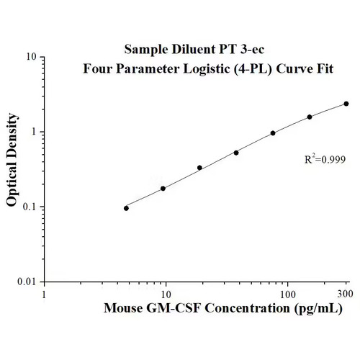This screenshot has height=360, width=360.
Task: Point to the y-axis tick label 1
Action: pos(35,132)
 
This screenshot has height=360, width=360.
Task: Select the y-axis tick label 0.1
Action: pos(30,207)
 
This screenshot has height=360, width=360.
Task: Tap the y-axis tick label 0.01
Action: pos(27,282)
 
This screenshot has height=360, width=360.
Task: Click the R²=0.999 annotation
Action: pos(325,159)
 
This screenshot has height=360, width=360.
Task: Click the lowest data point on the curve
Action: pos(126,208)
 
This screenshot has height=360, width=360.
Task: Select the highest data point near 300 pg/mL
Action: pos(346,104)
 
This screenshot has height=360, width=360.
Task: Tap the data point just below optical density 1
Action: pos(273,133)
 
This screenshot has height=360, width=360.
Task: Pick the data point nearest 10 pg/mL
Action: pos(163,189)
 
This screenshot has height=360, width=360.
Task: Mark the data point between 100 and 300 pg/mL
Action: pos(310,117)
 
